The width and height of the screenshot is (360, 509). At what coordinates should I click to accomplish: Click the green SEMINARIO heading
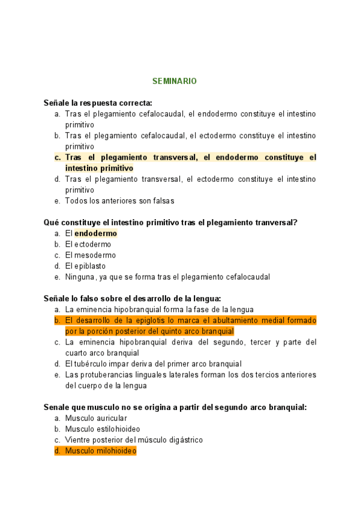click(174, 80)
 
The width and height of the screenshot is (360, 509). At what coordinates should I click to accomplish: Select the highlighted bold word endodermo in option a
click(95, 233)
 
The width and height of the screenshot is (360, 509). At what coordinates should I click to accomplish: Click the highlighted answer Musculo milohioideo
click(100, 451)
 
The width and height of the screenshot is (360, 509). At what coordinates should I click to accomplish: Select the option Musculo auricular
click(95, 418)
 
